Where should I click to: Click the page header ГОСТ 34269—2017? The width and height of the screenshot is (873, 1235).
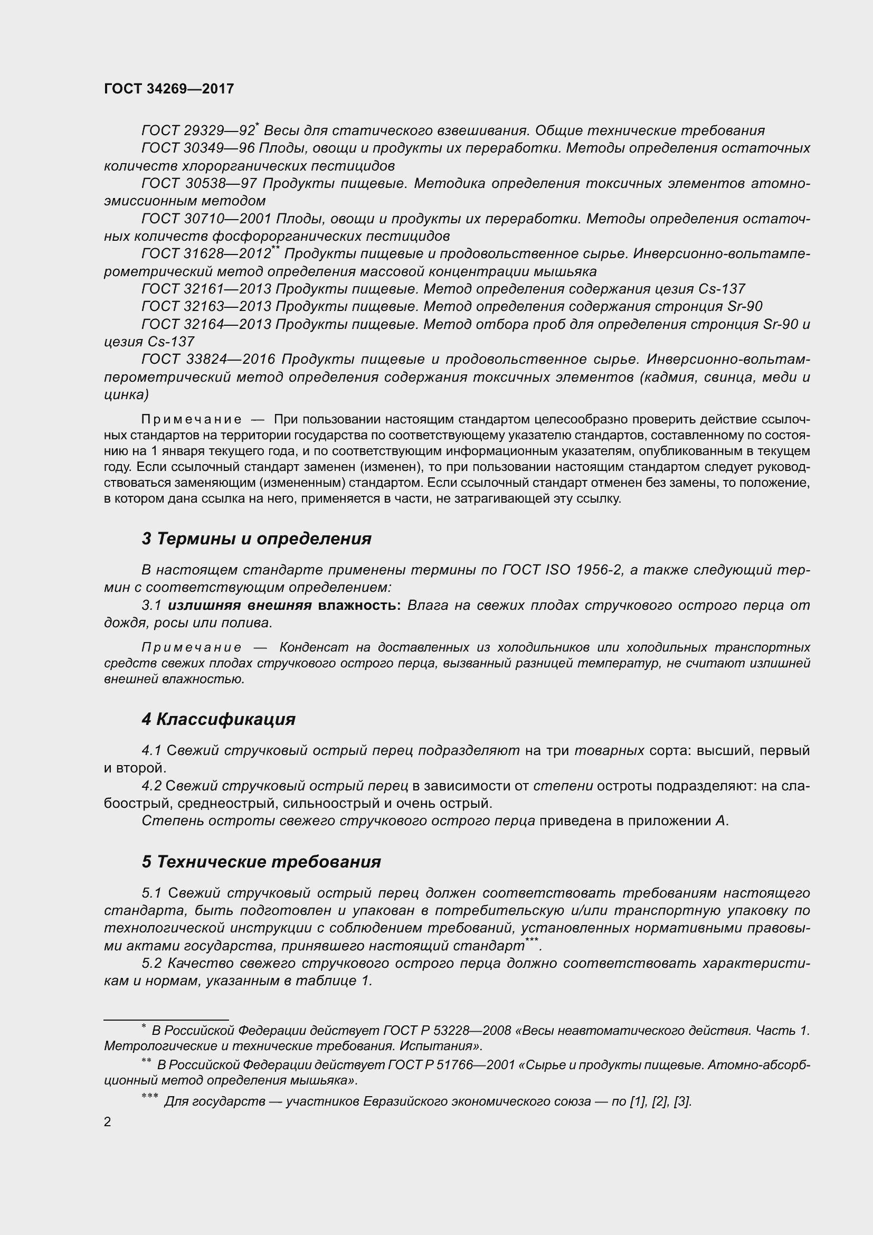pyautogui.click(x=169, y=89)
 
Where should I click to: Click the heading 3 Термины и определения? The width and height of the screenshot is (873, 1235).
pyautogui.click(x=257, y=539)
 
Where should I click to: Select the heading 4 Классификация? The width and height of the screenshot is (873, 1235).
pyautogui.click(x=219, y=719)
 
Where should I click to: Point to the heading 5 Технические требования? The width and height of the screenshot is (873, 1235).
pyautogui.click(x=261, y=862)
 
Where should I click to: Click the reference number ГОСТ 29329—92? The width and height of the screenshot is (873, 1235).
pyautogui.click(x=198, y=131)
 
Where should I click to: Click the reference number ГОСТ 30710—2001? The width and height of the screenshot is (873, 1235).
pyautogui.click(x=206, y=219)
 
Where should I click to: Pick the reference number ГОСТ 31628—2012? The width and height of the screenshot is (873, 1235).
pyautogui.click(x=206, y=254)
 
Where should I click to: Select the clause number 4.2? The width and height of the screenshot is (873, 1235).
pyautogui.click(x=151, y=786)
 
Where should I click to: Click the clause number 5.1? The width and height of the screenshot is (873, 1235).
pyautogui.click(x=151, y=893)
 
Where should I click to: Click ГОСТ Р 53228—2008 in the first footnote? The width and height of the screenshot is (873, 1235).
pyautogui.click(x=447, y=1031)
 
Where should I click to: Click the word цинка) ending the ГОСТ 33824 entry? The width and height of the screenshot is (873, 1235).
pyautogui.click(x=126, y=395)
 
